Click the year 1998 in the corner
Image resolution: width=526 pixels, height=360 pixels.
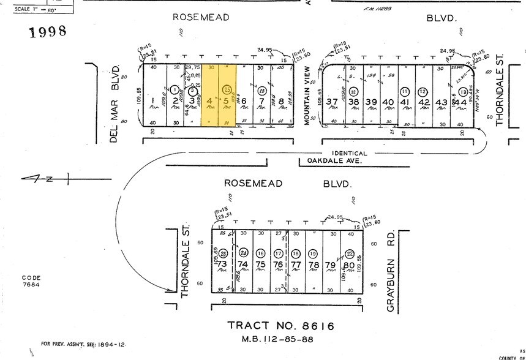[x=47, y=32]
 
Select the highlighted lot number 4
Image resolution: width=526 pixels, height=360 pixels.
[x=209, y=100]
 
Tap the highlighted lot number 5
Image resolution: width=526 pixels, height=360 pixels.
[x=227, y=100]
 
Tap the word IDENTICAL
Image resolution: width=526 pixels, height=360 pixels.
[x=350, y=153]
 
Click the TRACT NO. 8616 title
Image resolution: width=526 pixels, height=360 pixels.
[x=281, y=326]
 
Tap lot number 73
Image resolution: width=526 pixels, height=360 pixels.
[x=222, y=264]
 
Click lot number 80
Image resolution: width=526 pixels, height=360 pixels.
[x=349, y=264]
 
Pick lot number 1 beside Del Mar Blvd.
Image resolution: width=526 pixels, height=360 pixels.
[x=152, y=100]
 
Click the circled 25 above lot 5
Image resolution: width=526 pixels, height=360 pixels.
[x=228, y=89]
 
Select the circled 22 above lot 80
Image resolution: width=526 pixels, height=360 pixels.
[x=350, y=253]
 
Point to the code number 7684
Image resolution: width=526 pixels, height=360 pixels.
[x=31, y=285]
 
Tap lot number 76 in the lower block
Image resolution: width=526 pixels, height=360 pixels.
[x=278, y=264]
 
